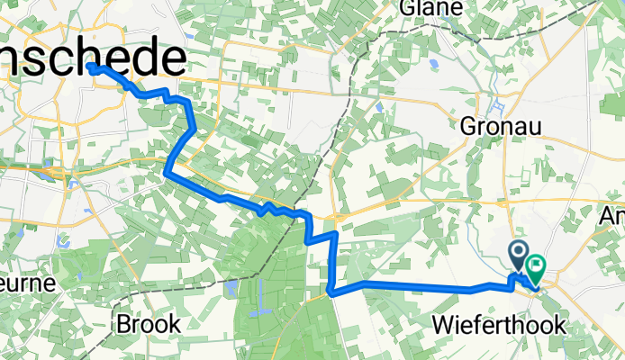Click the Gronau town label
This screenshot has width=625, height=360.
[x=502, y=127]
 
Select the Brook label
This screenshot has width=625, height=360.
[x=148, y=324]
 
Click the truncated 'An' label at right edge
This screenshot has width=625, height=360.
[x=616, y=216]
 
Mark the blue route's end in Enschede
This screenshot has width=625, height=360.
[x=94, y=67]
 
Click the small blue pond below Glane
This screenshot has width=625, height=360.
[x=433, y=64]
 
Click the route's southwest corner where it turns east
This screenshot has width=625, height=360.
[x=331, y=292]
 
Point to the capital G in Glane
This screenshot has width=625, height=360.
[x=412, y=6]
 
